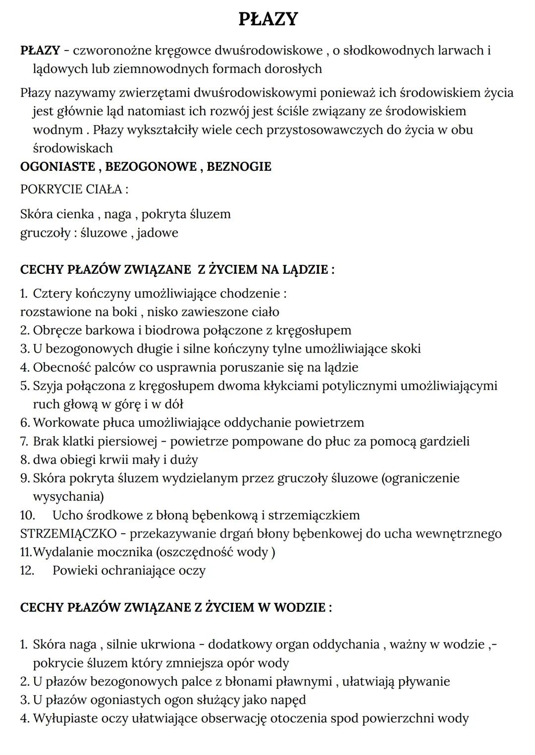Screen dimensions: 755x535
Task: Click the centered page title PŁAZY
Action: coord(268,19)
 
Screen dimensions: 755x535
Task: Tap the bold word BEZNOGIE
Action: coord(239,166)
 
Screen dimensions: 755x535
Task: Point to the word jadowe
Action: coord(158,233)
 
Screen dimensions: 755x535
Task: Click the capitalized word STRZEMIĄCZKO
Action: coord(68,534)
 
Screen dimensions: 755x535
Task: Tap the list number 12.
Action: coord(27,571)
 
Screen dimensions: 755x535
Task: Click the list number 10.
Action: coord(27,515)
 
